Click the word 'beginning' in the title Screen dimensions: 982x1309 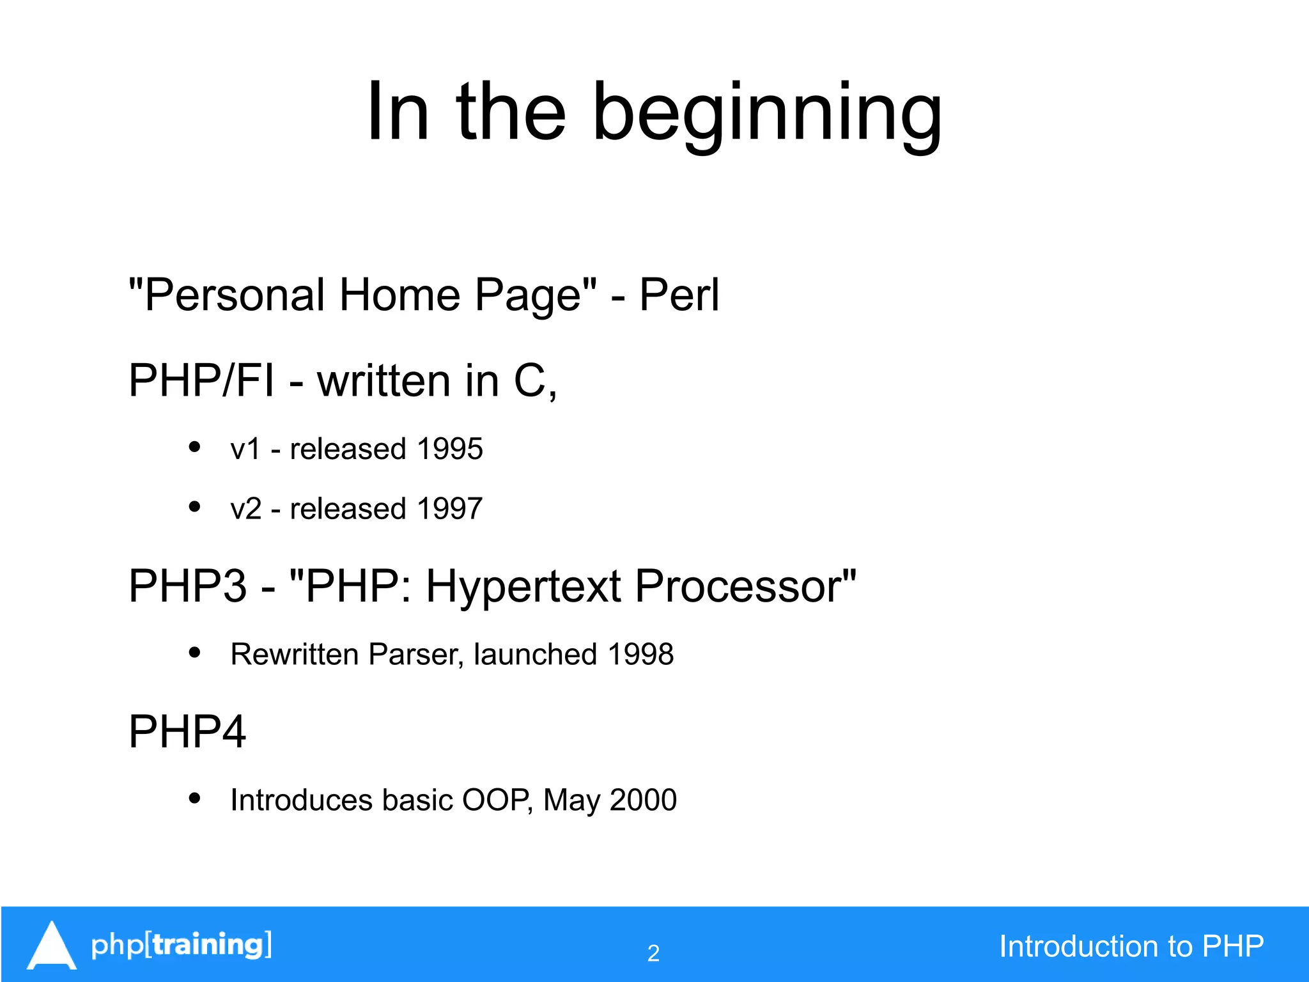tap(767, 114)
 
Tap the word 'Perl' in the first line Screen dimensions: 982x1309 tap(679, 295)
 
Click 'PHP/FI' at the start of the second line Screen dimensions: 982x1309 tap(201, 381)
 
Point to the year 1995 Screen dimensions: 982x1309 tap(449, 449)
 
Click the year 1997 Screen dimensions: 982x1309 tap(449, 509)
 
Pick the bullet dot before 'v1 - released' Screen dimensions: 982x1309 tap(195, 447)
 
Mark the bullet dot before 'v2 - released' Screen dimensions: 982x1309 tap(195, 507)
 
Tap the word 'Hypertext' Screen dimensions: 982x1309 tap(523, 587)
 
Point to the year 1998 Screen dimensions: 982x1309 tap(640, 654)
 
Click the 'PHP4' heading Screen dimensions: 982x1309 tap(187, 732)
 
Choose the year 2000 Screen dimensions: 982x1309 tap(643, 800)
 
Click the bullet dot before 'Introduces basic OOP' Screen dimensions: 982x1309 tap(195, 798)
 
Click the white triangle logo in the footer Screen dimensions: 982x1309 tap(52, 947)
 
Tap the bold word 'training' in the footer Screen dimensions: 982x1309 tap(208, 945)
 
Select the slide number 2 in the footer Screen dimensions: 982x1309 tap(653, 953)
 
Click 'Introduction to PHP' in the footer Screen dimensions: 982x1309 tap(1131, 946)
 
